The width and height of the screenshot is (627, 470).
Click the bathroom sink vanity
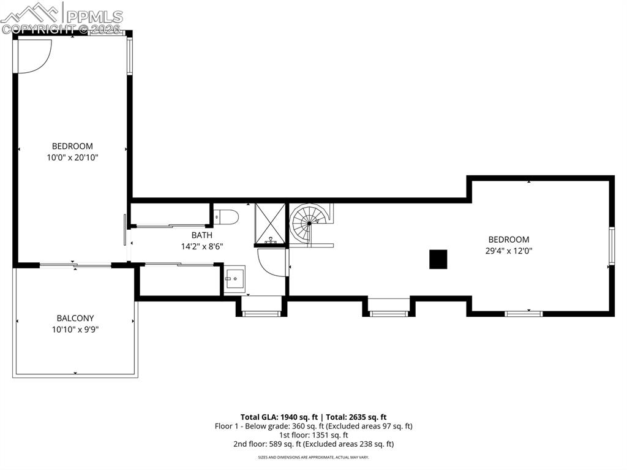click(x=235, y=280)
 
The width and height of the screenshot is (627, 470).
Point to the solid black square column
click(x=438, y=259)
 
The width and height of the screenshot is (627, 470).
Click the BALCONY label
click(x=75, y=318)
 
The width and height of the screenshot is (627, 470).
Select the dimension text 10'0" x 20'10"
click(x=72, y=157)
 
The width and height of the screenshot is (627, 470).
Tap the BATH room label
click(x=202, y=235)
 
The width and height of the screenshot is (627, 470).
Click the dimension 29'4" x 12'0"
click(x=509, y=251)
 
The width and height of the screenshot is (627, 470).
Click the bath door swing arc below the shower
click(x=272, y=262)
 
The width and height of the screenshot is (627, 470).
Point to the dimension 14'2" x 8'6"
click(x=202, y=246)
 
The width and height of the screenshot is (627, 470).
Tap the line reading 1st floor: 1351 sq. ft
click(x=313, y=435)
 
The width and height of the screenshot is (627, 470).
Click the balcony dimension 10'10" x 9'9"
click(x=75, y=329)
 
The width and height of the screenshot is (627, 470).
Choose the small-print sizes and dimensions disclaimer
click(x=313, y=457)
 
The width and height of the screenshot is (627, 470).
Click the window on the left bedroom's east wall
click(x=130, y=56)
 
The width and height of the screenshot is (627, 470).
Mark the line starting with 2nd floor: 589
click(x=313, y=444)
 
